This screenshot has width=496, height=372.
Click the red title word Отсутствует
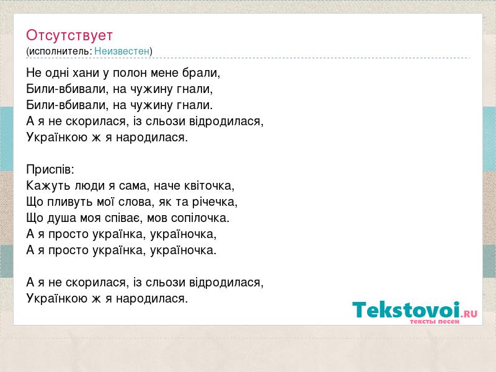coord(69,35)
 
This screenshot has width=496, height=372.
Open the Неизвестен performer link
coord(122,51)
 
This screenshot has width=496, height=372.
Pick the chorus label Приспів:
coord(50,169)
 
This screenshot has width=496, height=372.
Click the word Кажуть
coord(48,185)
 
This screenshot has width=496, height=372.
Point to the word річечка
coord(215,202)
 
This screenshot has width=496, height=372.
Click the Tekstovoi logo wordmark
coord(406,310)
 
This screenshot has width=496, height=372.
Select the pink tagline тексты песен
coord(435,321)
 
